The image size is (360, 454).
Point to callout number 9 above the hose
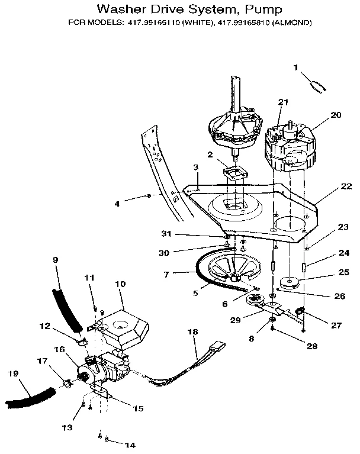[56, 259]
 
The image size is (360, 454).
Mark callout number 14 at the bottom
[131, 443]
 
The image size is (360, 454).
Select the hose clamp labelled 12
[83, 342]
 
